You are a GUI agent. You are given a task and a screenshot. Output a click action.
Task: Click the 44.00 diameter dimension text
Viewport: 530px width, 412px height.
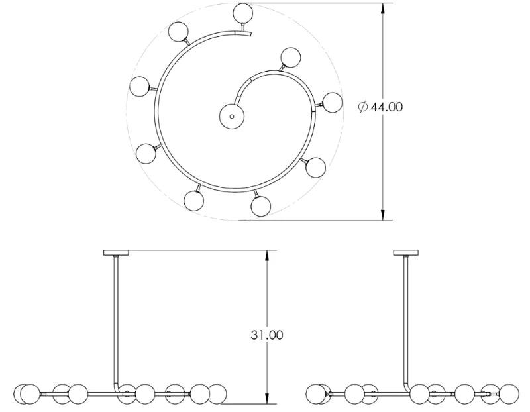point(386,107)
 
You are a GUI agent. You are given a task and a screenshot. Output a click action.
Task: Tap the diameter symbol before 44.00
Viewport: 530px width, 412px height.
point(362,107)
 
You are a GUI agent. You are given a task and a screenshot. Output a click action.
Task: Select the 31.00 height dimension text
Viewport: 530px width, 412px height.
point(267,335)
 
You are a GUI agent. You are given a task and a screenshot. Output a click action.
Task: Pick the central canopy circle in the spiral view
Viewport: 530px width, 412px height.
point(231,116)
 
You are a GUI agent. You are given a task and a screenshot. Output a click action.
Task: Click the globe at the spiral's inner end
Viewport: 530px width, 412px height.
point(290,58)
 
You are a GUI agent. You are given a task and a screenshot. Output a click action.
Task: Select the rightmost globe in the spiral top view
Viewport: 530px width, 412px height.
point(331,102)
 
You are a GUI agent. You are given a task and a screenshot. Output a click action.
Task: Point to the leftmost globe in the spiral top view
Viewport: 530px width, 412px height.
point(140,86)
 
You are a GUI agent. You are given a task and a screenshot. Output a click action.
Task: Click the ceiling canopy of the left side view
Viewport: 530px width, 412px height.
point(119,252)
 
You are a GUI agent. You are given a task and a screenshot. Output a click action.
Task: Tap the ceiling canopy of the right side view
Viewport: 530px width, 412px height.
point(406,252)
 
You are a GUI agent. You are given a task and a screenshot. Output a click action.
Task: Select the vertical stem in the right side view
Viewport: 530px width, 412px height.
point(405,318)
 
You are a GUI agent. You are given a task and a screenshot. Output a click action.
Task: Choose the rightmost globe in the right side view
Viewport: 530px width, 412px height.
point(508,393)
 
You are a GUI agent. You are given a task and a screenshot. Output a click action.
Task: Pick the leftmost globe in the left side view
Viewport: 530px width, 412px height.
point(25,393)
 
